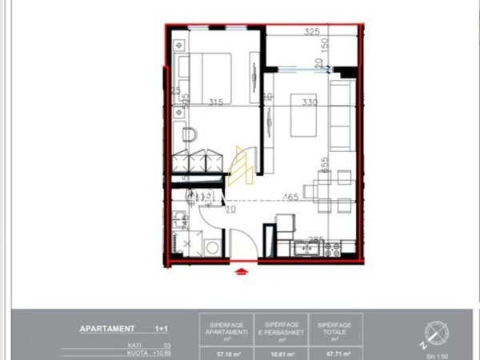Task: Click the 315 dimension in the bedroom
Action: pos(214,102)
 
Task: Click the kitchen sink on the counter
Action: pos(306,250)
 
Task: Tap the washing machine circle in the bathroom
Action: pos(213,248)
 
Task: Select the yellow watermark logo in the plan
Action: pos(242,166)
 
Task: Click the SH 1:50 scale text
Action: pos(437,355)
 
